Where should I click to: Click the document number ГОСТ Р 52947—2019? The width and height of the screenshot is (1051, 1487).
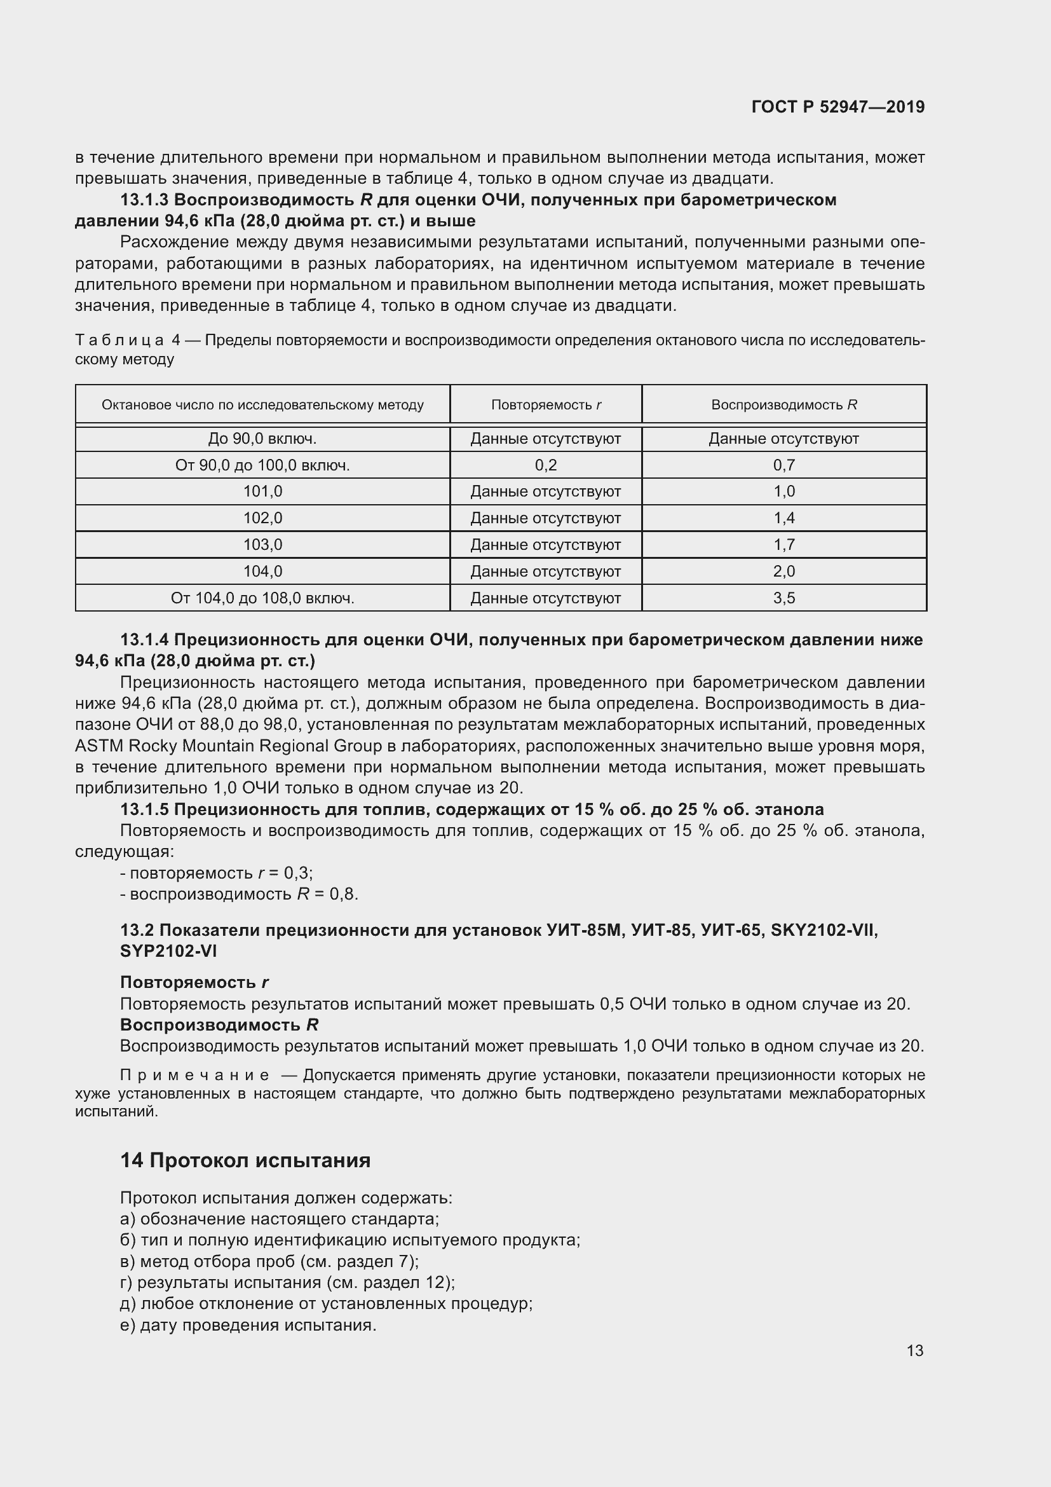coord(837,107)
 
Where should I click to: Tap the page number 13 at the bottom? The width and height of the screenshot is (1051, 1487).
coord(914,1350)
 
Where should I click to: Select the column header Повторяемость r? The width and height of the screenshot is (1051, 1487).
coord(546,405)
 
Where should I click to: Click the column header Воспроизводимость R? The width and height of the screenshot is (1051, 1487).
coord(783,405)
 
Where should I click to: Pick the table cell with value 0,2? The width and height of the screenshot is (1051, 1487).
coord(546,465)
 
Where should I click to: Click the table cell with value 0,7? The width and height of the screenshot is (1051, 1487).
coord(783,465)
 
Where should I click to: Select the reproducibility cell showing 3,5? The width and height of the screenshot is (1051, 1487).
coord(783,598)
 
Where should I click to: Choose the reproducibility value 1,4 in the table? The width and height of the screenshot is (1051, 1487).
coord(783,518)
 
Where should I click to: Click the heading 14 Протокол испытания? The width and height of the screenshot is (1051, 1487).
coord(245,1160)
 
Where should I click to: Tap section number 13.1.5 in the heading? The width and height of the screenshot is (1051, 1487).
coord(144,809)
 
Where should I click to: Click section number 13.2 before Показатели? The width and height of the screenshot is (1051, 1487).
coord(137,931)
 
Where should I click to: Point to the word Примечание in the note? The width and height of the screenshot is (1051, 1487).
coord(194,1075)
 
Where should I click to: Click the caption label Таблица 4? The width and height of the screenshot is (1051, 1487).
coord(127,341)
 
